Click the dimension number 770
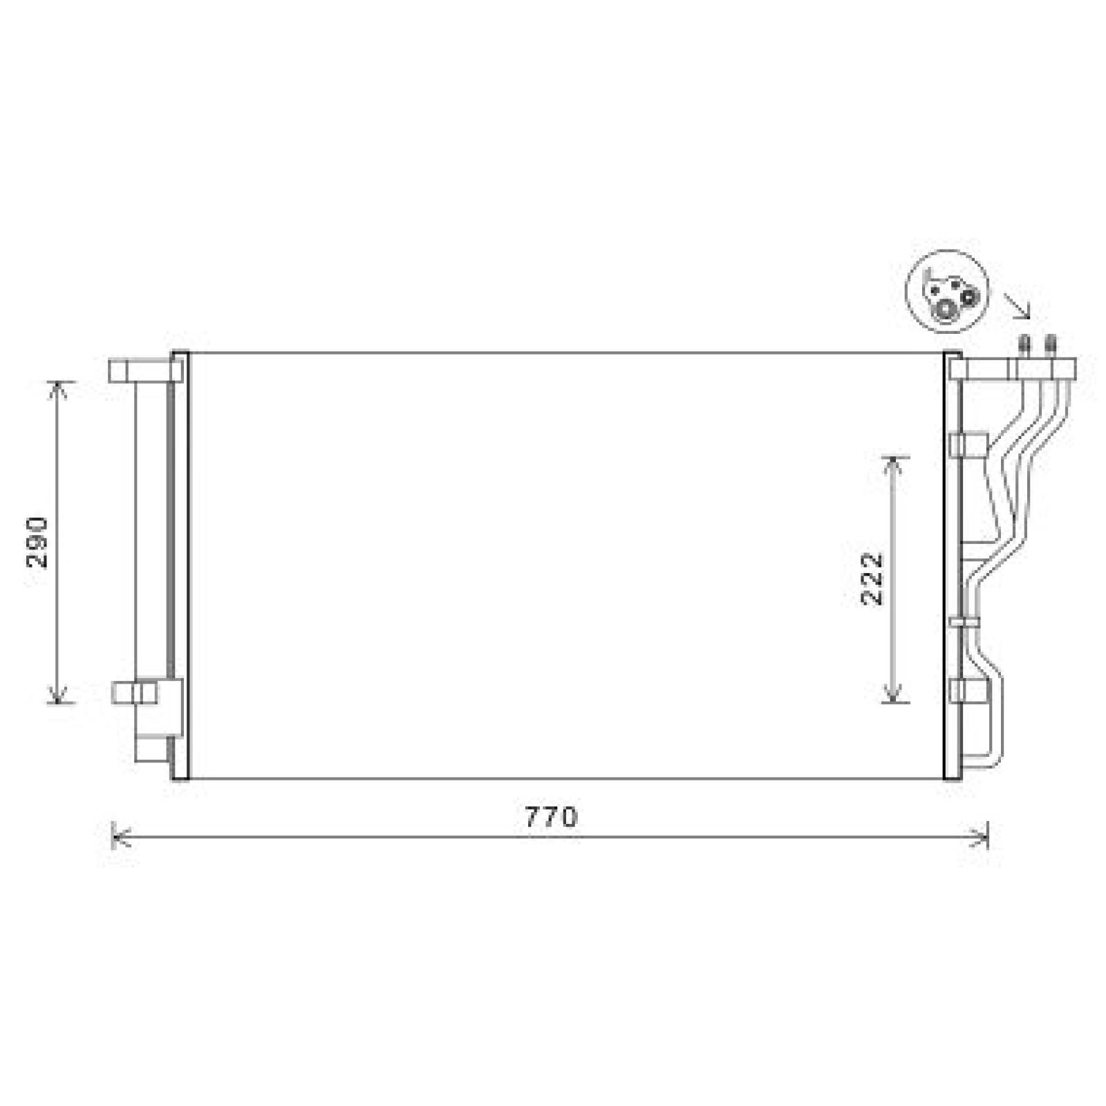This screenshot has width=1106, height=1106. [550, 818]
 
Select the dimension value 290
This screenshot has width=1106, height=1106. [39, 541]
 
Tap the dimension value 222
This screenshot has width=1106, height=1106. [872, 579]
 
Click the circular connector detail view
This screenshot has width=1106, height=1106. [948, 291]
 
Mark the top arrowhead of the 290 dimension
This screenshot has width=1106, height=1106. [59, 387]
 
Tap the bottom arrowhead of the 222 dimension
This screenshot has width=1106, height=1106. [894, 695]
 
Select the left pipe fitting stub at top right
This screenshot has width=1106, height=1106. [1024, 345]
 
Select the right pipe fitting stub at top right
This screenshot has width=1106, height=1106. [1051, 345]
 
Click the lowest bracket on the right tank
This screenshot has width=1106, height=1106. [967, 691]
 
